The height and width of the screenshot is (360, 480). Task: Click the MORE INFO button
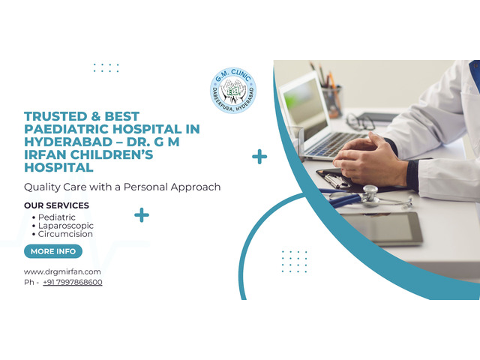[53, 251]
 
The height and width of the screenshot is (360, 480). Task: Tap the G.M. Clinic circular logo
[233, 91]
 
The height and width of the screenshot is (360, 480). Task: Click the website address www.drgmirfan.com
[62, 271]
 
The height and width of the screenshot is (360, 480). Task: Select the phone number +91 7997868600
[73, 282]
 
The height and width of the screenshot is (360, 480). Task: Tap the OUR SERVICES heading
[57, 205]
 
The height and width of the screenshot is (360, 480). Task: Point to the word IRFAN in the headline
[45, 155]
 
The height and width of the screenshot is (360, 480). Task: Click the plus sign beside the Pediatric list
[142, 215]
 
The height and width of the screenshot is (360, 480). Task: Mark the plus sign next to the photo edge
[259, 157]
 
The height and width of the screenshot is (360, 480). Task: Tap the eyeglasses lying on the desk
[360, 121]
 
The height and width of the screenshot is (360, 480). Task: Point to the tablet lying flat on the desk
[382, 228]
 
